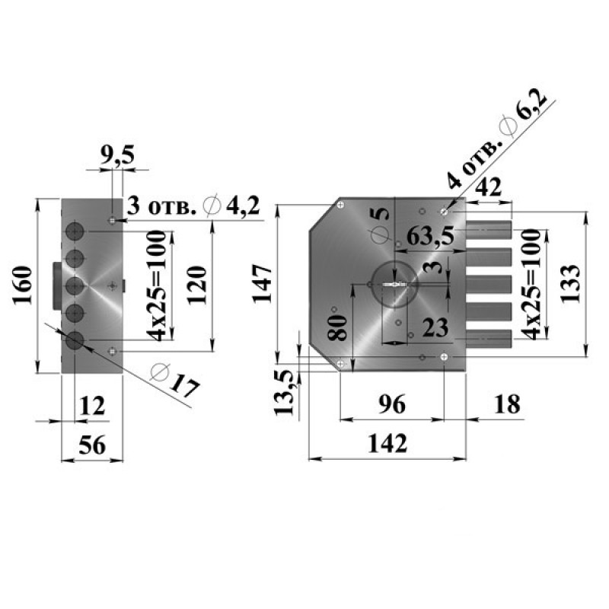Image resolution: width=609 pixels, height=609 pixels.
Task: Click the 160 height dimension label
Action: (23, 285)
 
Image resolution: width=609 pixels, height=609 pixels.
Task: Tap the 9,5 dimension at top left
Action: (117, 155)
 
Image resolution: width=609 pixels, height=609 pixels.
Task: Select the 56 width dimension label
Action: (92, 445)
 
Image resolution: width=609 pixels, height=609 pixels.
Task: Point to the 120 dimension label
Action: (196, 285)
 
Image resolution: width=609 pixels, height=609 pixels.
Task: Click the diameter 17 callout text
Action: (176, 380)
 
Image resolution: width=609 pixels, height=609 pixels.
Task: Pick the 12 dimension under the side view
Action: (92, 406)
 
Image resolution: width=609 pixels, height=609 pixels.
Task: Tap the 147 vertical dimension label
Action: (263, 283)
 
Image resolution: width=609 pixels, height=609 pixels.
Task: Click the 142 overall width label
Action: (387, 444)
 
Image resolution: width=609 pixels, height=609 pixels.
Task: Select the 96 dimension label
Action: (392, 404)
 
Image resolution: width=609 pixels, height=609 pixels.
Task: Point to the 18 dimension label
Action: (507, 404)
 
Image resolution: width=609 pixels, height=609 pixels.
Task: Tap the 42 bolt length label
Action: (489, 187)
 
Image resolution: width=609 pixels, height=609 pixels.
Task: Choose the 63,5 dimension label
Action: (429, 236)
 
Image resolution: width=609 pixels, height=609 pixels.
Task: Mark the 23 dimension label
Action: (435, 327)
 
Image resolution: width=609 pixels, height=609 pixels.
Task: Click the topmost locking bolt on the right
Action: (489, 230)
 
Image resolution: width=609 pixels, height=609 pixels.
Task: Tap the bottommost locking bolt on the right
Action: (489, 339)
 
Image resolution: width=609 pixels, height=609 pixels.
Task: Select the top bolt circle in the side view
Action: (75, 231)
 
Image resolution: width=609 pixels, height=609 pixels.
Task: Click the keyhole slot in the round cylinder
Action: (395, 285)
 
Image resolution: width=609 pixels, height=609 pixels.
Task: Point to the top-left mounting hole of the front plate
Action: (340, 205)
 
